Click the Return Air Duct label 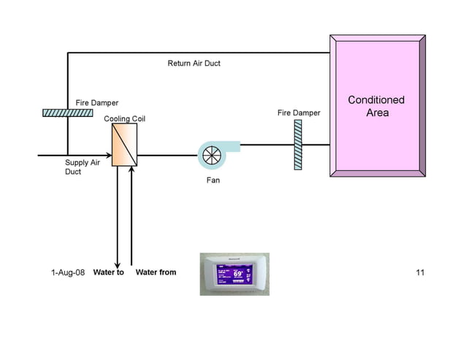click(194, 64)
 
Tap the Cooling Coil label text click(125, 118)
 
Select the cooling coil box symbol click(124, 145)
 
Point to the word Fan click(213, 180)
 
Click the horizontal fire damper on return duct click(67, 112)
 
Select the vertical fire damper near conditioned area click(298, 145)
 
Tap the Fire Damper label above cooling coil click(96, 103)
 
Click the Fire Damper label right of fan click(299, 113)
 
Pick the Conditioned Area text click(377, 106)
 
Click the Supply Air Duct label click(82, 167)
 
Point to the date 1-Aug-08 click(68, 272)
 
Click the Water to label click(109, 272)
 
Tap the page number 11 click(419, 272)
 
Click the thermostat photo click(234, 274)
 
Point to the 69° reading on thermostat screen click(238, 275)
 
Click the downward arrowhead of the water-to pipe click(117, 264)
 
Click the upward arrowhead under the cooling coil click(131, 170)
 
